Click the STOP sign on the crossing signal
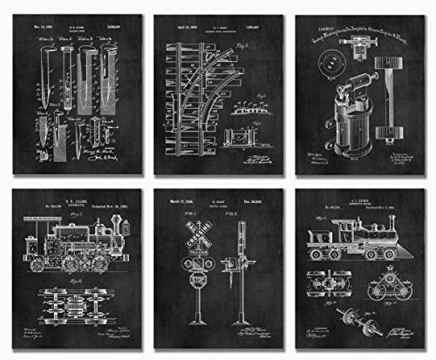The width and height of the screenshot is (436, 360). (199, 281)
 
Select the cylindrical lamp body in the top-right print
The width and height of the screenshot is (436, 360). (352, 139)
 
